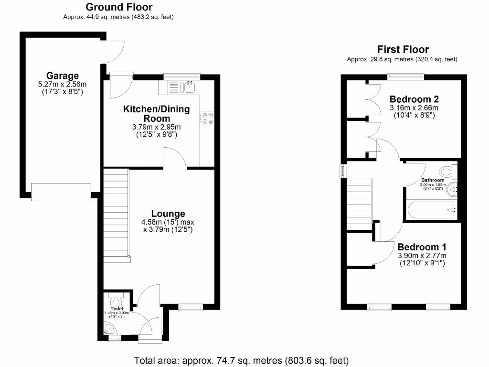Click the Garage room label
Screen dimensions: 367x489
(x=62, y=76)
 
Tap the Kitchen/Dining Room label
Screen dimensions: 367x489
(x=156, y=114)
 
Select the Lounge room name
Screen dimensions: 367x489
(x=168, y=214)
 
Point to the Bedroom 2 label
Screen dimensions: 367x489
(x=414, y=99)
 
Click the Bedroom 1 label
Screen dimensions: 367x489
(x=422, y=247)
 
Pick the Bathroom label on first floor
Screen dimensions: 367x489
(x=433, y=180)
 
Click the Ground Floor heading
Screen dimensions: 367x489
(x=119, y=7)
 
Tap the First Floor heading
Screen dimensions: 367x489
(x=403, y=50)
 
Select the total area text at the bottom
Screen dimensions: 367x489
(x=242, y=360)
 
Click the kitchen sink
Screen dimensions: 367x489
(x=189, y=86)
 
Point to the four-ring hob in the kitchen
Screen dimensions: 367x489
(x=207, y=118)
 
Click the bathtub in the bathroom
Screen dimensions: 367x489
(x=430, y=209)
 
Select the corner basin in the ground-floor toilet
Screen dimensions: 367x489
(x=110, y=328)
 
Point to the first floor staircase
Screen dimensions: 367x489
(x=359, y=203)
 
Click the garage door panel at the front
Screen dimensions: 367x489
(x=61, y=191)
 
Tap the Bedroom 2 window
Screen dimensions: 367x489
(x=405, y=75)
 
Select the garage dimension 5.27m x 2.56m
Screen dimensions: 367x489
(x=62, y=84)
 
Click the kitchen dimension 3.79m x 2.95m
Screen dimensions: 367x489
(x=156, y=127)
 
